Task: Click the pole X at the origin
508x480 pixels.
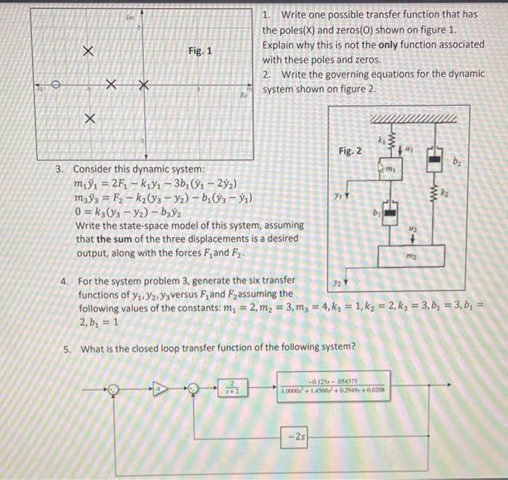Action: pyautogui.click(x=143, y=86)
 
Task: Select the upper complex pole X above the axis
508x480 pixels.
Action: pyautogui.click(x=88, y=51)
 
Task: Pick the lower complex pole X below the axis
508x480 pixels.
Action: pyautogui.click(x=89, y=118)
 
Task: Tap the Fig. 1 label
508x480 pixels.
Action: pyautogui.click(x=200, y=51)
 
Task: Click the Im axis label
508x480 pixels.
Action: pyautogui.click(x=130, y=16)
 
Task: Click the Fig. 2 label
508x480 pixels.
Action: pyautogui.click(x=351, y=151)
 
